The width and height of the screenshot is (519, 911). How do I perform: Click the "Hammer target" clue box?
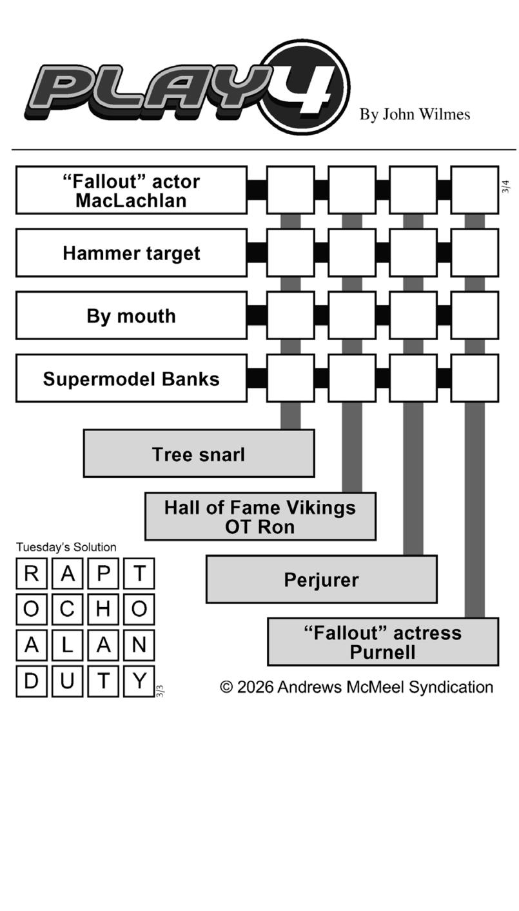(x=131, y=253)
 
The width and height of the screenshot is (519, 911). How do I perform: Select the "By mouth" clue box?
(x=131, y=315)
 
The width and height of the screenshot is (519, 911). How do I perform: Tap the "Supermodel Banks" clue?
(x=131, y=379)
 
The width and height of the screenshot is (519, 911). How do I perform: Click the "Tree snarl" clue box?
(x=199, y=454)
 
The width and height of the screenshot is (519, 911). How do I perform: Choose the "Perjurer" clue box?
(x=321, y=579)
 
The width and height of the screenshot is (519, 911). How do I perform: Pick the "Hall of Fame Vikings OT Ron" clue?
(x=260, y=517)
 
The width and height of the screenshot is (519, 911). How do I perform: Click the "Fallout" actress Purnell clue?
(x=383, y=642)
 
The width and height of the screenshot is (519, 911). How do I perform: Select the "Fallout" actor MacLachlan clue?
(x=131, y=190)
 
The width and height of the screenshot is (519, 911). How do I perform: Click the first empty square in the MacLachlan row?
(x=291, y=190)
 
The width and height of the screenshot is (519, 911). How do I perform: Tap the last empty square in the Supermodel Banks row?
(x=475, y=378)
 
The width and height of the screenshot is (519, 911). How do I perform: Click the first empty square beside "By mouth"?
(x=291, y=315)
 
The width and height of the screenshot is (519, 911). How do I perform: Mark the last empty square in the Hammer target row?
(x=475, y=253)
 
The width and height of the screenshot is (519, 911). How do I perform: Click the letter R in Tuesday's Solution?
(x=31, y=574)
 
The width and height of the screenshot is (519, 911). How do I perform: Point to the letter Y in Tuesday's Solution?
(x=139, y=681)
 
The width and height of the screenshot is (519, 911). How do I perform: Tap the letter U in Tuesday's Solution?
(x=67, y=681)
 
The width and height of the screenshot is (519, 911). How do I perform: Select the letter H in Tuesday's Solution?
(x=103, y=609)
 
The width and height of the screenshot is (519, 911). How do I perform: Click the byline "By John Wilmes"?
(x=415, y=114)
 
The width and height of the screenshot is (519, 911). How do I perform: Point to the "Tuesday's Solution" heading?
(x=66, y=547)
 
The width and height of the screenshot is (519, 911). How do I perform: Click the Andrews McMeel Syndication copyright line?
(x=357, y=687)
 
